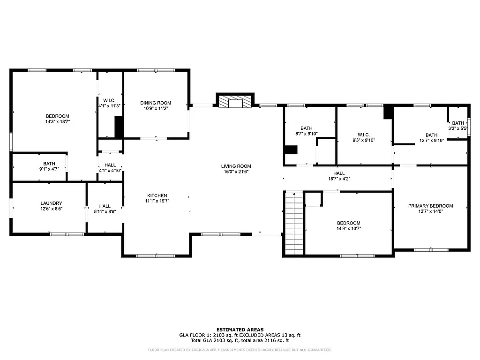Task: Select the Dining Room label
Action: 156,103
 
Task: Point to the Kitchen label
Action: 157,195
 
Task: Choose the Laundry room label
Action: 51,203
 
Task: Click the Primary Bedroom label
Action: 430,206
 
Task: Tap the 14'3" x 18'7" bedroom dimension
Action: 57,122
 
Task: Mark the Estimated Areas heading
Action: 240,330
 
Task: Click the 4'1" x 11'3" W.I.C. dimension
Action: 109,106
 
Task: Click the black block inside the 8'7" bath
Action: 291,150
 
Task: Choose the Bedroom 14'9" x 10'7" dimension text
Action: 349,229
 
